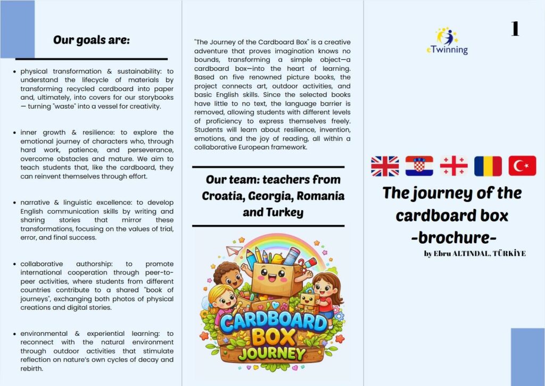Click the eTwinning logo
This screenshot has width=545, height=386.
click(x=447, y=41)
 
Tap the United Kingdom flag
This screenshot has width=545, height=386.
click(x=384, y=166)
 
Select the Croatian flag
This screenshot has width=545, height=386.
click(x=419, y=166)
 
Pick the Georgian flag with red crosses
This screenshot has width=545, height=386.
click(x=453, y=166)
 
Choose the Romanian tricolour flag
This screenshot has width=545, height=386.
click(x=488, y=166)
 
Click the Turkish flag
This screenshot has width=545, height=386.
click(x=522, y=166)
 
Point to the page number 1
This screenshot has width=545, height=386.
click(x=515, y=29)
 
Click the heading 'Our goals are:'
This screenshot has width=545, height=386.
click(x=91, y=40)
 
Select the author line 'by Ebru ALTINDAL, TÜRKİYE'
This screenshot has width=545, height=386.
click(x=475, y=253)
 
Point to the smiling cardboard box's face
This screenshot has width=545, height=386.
click(x=273, y=276)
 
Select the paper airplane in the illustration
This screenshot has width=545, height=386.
click(x=233, y=250)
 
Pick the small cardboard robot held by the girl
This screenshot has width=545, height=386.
click(x=308, y=301)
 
